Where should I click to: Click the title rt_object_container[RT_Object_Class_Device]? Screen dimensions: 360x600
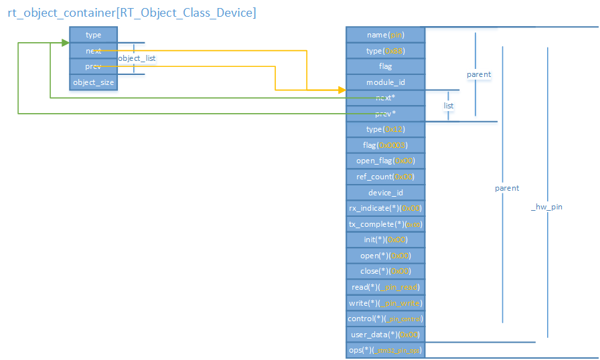tap(131, 12)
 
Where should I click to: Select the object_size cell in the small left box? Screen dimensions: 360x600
tap(93, 82)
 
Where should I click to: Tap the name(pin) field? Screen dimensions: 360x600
tap(385, 35)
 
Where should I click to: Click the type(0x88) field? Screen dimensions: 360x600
tap(385, 51)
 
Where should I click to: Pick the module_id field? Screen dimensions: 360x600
tap(385, 82)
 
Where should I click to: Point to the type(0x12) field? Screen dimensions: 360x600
tap(385, 129)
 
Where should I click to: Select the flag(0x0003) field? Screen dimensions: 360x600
tap(385, 145)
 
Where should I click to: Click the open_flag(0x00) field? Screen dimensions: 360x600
tap(385, 161)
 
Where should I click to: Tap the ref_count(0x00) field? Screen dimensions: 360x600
tap(385, 177)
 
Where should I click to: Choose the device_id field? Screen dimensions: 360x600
tap(385, 193)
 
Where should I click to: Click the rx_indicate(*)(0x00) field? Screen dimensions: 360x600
tap(385, 208)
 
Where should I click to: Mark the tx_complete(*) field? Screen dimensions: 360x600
tap(385, 224)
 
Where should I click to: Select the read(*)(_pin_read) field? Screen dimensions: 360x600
tap(385, 287)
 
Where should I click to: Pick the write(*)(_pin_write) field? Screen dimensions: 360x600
tap(385, 303)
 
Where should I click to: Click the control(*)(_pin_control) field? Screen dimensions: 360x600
tap(385, 319)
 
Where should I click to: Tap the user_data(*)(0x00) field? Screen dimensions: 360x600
tap(385, 335)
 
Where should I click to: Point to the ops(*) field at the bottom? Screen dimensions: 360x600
tap(385, 350)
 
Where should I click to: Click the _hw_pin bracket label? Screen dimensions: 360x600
tap(546, 207)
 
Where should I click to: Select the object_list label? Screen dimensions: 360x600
tap(137, 59)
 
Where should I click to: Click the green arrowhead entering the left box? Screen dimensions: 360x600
tap(66, 43)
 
